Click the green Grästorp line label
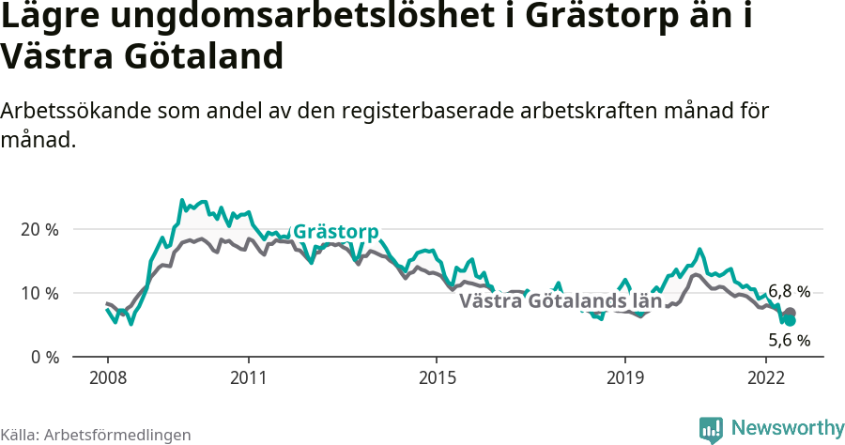[336, 232]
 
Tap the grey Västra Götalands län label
[561, 301]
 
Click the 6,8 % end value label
[789, 292]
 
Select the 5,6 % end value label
[789, 340]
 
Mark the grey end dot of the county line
[790, 314]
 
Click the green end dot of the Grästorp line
[791, 321]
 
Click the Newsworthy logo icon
[711, 429]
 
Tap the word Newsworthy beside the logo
[788, 428]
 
